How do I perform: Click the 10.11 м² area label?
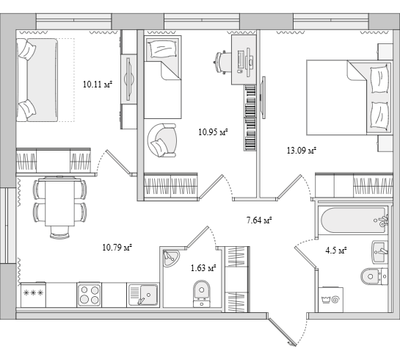98,84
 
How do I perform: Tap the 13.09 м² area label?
302,151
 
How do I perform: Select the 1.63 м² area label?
203,268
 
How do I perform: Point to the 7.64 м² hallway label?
259,220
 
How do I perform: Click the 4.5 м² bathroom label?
336,251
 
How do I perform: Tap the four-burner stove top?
90,295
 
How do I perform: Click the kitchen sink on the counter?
143,295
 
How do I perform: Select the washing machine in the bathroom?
330,300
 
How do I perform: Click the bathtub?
353,220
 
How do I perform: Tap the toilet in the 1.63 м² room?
202,294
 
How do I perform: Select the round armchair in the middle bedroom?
162,140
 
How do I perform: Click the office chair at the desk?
222,62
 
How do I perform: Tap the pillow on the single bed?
163,49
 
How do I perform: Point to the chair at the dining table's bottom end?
59,232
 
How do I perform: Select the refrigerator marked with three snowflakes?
33,295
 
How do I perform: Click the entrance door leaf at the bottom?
283,331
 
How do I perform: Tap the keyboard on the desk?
240,62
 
